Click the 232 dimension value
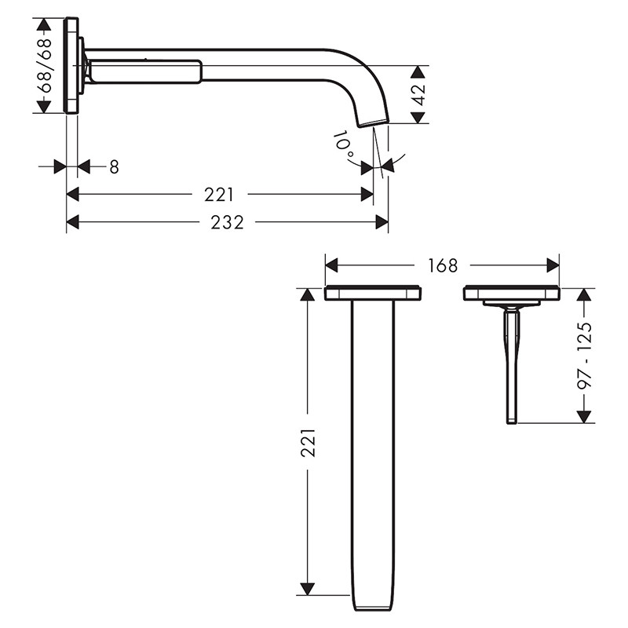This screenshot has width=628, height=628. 227,222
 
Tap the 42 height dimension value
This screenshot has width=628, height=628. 419,94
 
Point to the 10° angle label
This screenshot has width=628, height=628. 343,144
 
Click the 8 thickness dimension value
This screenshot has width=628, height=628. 114,167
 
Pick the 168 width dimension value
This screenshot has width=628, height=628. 443,265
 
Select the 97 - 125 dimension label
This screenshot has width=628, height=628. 584,355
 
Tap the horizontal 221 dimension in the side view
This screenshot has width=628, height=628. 219,195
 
